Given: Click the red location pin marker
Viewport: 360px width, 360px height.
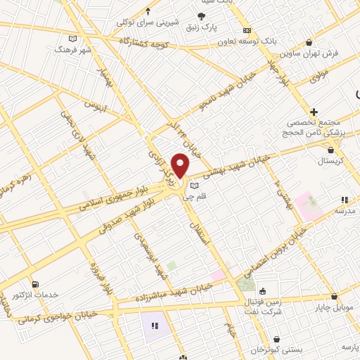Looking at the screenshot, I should coord(181,166).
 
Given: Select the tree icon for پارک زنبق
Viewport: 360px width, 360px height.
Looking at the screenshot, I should coord(201,16).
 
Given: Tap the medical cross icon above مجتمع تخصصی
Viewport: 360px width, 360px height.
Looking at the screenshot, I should coord(314,112).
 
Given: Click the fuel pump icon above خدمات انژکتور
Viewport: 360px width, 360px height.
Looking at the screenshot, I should coord(35,283).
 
